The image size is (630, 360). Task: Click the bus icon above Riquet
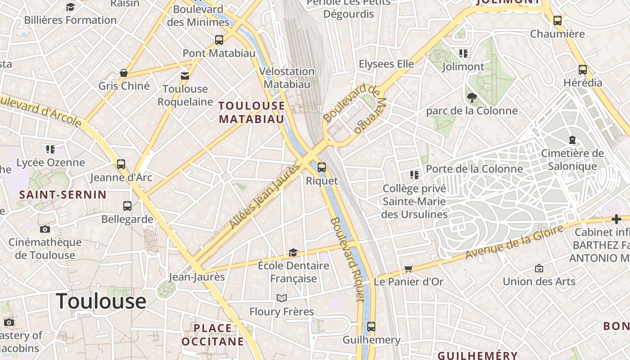pos(322,167)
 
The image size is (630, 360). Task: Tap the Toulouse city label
pos(101,301)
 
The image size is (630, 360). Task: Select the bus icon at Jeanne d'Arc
pos(121,164)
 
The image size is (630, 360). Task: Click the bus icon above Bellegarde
pos(127,206)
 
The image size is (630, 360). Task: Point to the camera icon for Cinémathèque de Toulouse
pos(45,229)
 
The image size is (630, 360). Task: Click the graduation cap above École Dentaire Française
pos(293,252)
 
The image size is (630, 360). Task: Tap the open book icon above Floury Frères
pos(282,298)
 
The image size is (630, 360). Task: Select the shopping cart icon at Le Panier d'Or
pos(408,269)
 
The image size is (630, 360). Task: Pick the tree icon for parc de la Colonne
pos(472,97)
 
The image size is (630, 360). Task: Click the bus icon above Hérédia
pos(583,70)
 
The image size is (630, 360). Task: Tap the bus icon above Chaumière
pos(558,21)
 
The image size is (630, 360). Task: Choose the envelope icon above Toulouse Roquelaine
pos(185,76)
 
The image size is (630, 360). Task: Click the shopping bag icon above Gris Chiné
pos(124,72)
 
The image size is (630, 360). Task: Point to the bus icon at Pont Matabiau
pos(219,40)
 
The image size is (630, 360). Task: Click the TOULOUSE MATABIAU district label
pos(252,112)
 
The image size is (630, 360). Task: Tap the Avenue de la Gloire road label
pos(514,242)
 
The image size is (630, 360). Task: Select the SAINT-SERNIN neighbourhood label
pos(63,195)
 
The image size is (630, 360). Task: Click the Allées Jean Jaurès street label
pos(264,196)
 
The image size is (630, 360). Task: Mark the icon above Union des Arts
pos(539,269)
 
